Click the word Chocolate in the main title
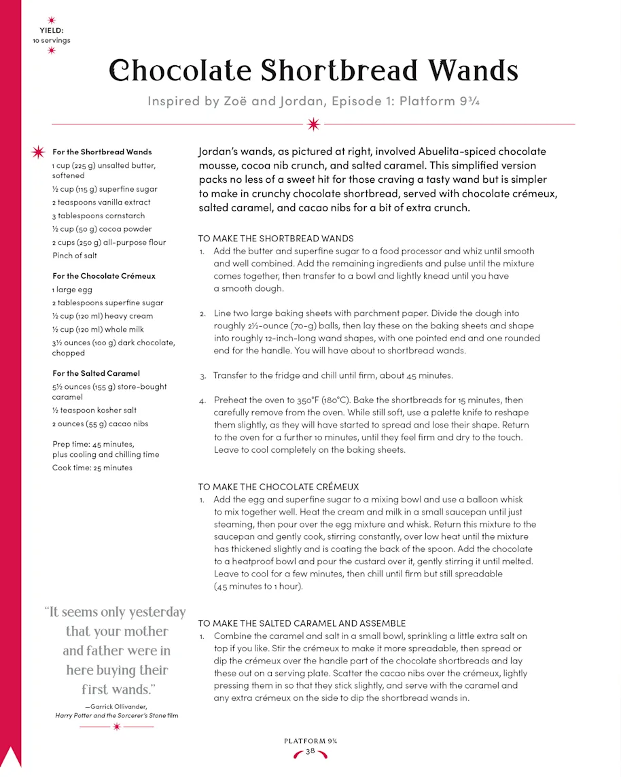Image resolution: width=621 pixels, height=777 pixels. point(181,71)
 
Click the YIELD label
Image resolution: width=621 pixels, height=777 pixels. point(52,31)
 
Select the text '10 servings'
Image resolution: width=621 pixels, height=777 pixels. point(52,40)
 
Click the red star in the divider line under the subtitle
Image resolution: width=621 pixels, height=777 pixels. point(313,124)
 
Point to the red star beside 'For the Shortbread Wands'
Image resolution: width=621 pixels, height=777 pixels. point(38,152)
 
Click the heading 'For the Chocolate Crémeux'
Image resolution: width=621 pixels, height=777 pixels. point(104,276)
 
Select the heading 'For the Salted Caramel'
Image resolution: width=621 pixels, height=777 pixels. point(96,373)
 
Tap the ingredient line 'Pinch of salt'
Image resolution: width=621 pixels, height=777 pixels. point(75,256)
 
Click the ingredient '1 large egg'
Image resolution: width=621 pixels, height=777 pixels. point(72,290)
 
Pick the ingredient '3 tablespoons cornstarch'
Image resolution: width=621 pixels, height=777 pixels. point(99,215)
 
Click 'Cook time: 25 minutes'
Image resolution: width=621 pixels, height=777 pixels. point(92,468)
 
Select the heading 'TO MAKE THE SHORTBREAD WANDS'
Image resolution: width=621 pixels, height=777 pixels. point(276,239)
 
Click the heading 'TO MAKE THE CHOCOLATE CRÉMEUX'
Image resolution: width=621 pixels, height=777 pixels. point(279,487)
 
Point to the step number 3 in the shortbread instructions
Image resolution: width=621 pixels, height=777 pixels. point(202,376)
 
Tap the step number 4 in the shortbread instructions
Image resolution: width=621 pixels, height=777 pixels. point(202,401)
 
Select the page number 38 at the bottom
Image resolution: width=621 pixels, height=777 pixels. point(310,751)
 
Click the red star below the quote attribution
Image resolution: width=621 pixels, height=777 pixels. point(117,727)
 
